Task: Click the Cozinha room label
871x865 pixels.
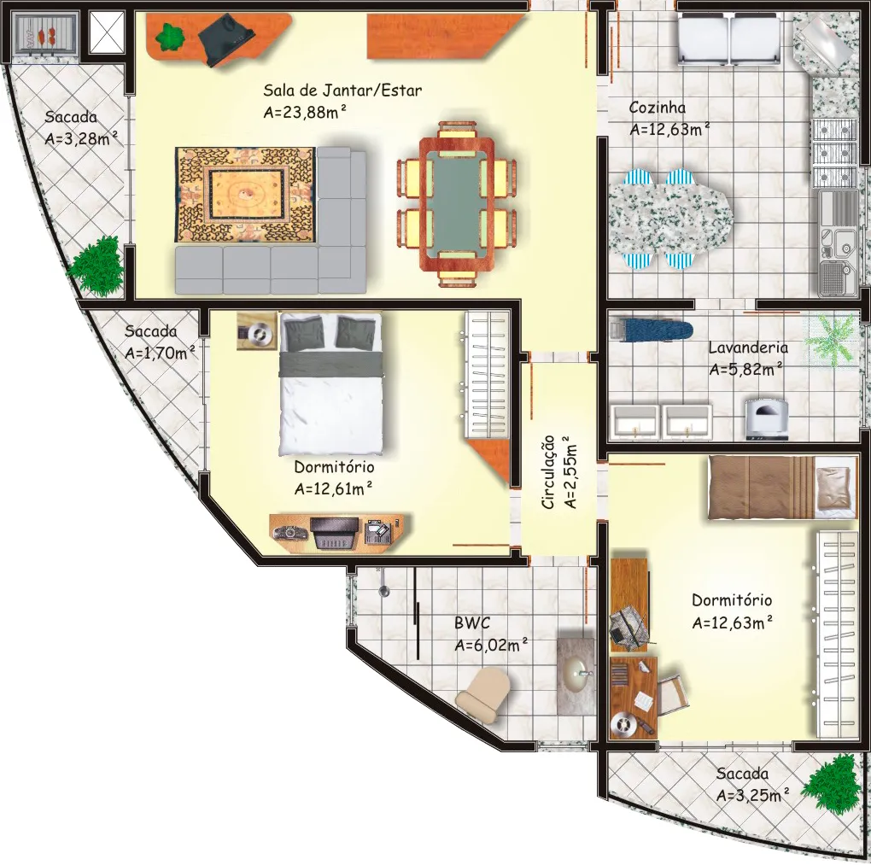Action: point(658,108)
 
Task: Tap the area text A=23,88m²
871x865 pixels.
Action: point(305,112)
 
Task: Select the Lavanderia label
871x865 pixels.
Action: point(748,348)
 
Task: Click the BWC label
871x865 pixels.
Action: point(472,622)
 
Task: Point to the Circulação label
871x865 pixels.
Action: point(547,472)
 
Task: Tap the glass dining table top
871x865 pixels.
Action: point(457,204)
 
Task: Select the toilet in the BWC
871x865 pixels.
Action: point(483,695)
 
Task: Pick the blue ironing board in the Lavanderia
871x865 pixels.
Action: point(652,330)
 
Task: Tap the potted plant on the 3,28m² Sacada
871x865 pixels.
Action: point(96,265)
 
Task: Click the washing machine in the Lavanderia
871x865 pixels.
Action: point(767,418)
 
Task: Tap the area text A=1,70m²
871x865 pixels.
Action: point(160,352)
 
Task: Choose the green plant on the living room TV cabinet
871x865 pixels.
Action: point(169,38)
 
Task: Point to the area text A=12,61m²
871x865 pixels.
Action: point(333,488)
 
